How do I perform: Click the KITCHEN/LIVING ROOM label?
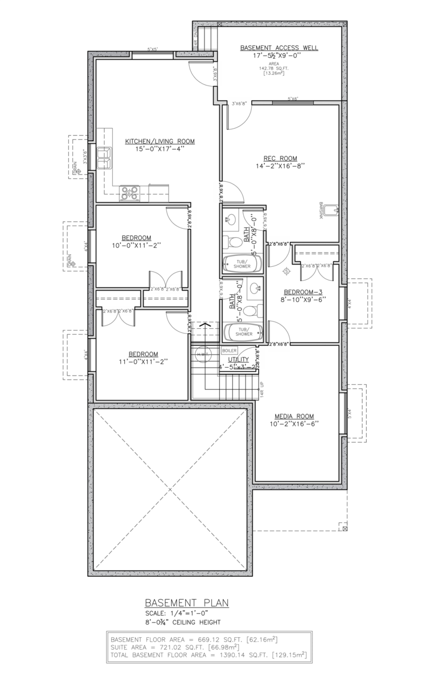pyautogui.click(x=160, y=141)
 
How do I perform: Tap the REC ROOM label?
pyautogui.click(x=280, y=158)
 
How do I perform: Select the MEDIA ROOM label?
pyautogui.click(x=294, y=416)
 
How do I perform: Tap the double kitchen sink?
pyautogui.click(x=105, y=158)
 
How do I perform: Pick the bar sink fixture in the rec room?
pyautogui.click(x=334, y=210)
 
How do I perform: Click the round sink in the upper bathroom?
pyautogui.click(x=231, y=218)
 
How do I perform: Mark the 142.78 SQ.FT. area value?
pyautogui.click(x=279, y=68)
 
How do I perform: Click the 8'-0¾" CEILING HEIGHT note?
pyautogui.click(x=182, y=622)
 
